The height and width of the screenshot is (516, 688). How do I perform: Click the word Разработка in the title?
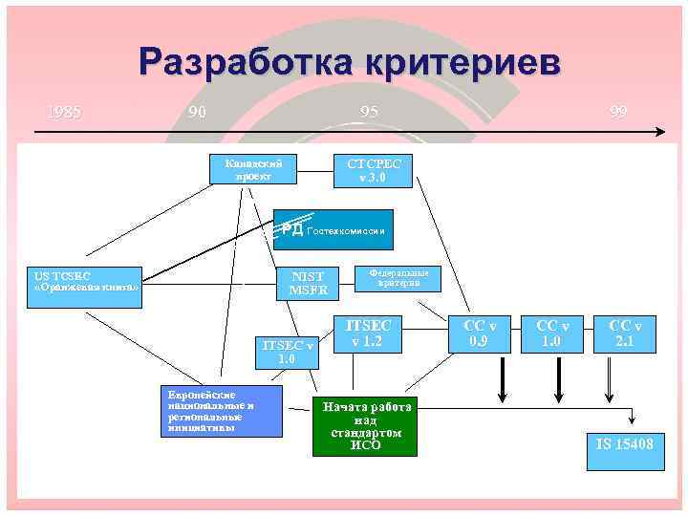(x=242, y=62)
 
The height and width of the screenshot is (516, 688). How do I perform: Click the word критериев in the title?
(x=458, y=62)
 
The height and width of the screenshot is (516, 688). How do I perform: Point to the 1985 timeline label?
(x=64, y=112)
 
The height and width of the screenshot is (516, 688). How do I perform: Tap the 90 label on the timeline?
(x=198, y=112)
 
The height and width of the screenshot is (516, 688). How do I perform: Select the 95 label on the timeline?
(x=369, y=112)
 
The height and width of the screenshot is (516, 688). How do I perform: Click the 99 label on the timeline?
(x=619, y=112)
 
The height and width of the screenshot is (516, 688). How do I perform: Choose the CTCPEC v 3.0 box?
(x=373, y=171)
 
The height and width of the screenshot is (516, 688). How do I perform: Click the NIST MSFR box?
(x=308, y=282)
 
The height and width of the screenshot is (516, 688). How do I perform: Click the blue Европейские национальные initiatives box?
(x=221, y=411)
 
